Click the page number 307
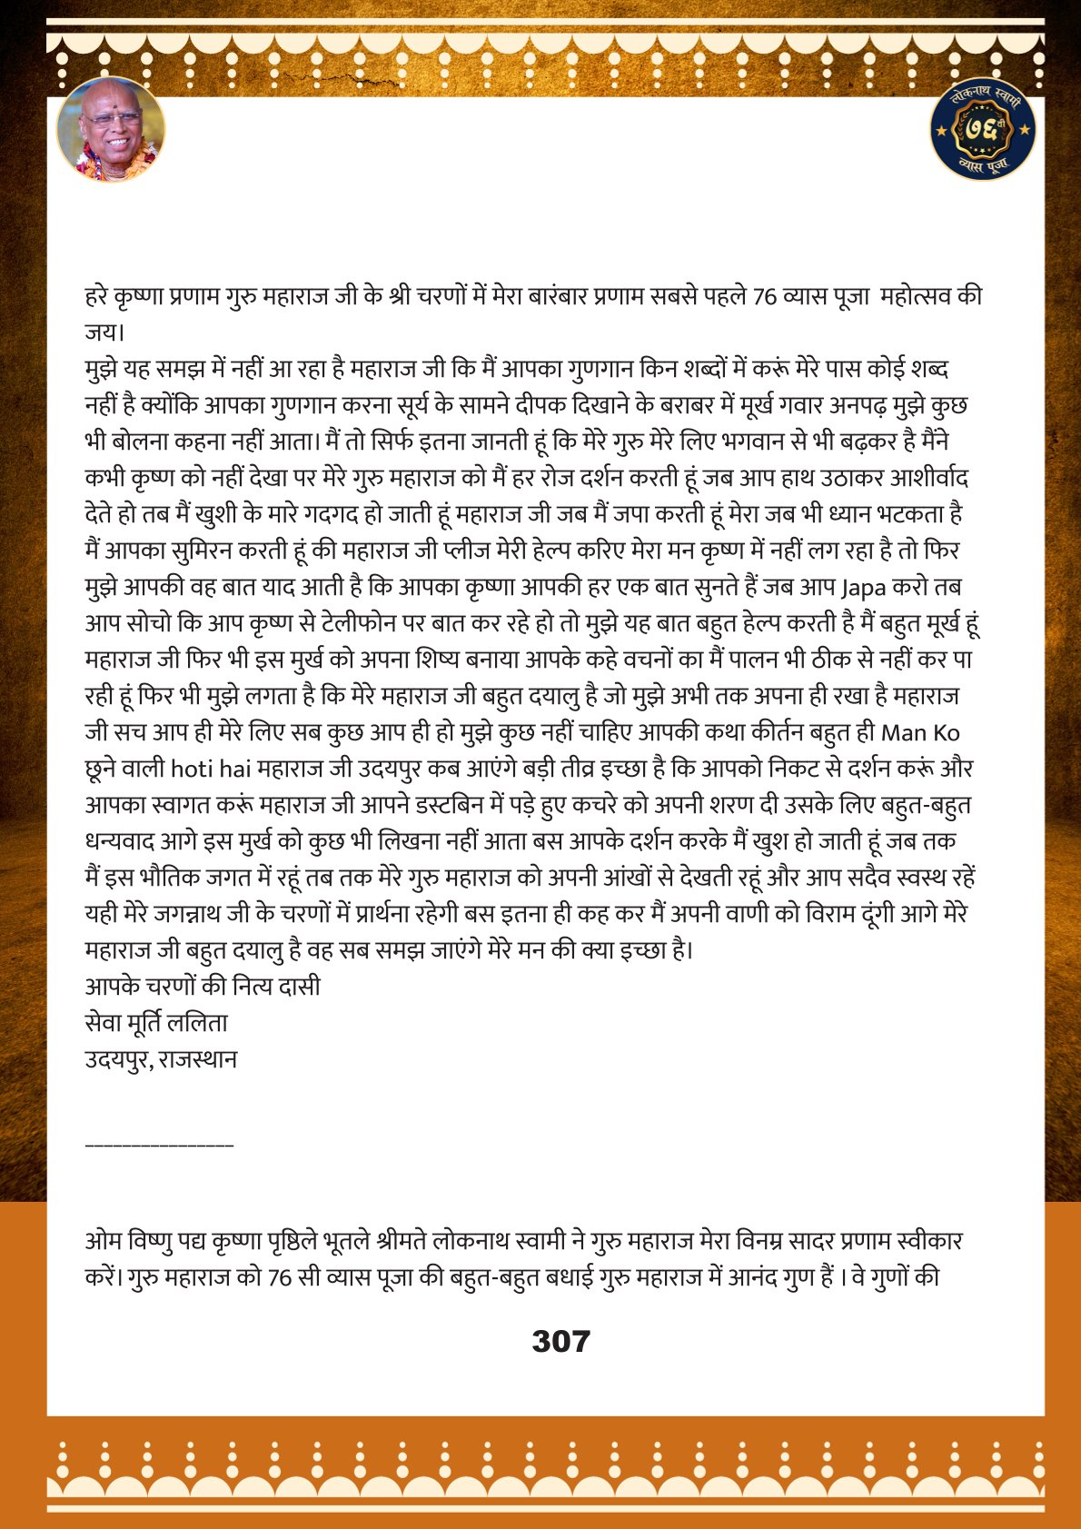point(560,1341)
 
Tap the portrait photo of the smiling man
point(111,130)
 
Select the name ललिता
point(203,1024)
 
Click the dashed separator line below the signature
point(159,1145)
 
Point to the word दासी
point(299,988)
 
